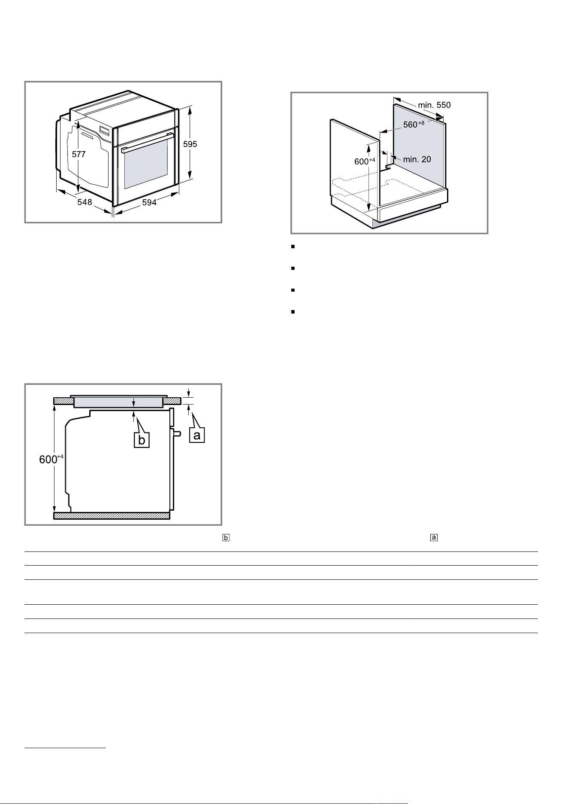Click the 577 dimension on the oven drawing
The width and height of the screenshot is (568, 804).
[x=79, y=155]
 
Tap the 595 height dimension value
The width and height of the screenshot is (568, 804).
[x=190, y=144]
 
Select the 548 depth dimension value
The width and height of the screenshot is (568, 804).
[x=85, y=202]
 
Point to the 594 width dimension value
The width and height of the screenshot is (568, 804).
[x=149, y=203]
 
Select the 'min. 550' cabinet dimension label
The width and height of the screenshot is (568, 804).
[x=434, y=105]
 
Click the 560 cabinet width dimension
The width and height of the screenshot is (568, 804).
[x=414, y=125]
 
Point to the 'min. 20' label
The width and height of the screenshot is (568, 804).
[x=417, y=159]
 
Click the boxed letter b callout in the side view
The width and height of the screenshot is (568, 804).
[x=142, y=440]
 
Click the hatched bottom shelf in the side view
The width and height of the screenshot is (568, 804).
[x=112, y=515]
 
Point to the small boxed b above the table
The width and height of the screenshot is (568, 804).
[x=226, y=537]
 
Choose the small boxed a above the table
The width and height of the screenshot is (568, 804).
[x=434, y=537]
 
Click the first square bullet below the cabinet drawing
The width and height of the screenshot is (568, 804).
[x=292, y=247]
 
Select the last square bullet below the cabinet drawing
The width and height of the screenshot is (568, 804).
[x=292, y=312]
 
